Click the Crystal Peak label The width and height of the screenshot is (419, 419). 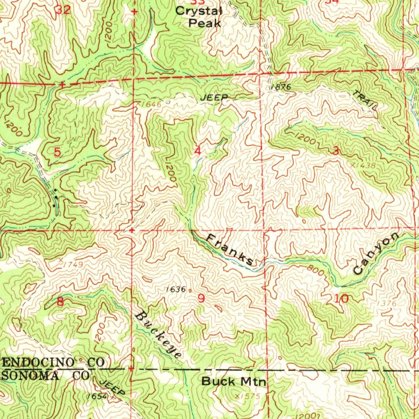point(198,17)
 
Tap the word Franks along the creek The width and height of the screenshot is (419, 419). point(229,249)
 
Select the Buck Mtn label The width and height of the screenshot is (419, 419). point(234,382)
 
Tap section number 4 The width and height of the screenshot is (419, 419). point(198,151)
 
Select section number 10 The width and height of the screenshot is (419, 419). point(341,299)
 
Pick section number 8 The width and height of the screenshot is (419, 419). point(61,302)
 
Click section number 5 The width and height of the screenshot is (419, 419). point(58,152)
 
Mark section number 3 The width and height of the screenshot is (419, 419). point(336,151)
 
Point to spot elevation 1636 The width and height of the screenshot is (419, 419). point(176,289)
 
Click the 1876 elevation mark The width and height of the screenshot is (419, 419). point(280,87)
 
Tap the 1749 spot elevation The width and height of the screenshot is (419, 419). point(74,265)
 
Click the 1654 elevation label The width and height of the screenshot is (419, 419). point(97,396)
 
